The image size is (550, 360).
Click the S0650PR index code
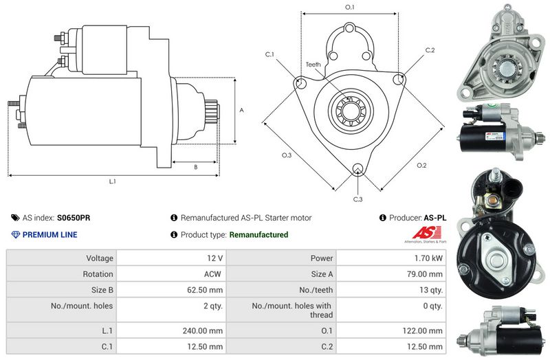[74, 218]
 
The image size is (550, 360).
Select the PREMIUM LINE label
[49, 235]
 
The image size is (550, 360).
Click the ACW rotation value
[213, 274]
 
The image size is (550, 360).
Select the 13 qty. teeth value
[430, 290]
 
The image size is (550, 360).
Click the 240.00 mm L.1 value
[204, 330]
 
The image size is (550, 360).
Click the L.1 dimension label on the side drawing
[112, 182]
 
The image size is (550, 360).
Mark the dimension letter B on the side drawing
[196, 167]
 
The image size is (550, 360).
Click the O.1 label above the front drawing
[349, 7]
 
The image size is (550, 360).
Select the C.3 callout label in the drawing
[358, 199]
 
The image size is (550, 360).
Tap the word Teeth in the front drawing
[313, 65]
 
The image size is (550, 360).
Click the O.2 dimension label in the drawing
[421, 165]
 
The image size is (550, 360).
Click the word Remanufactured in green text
[258, 235]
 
